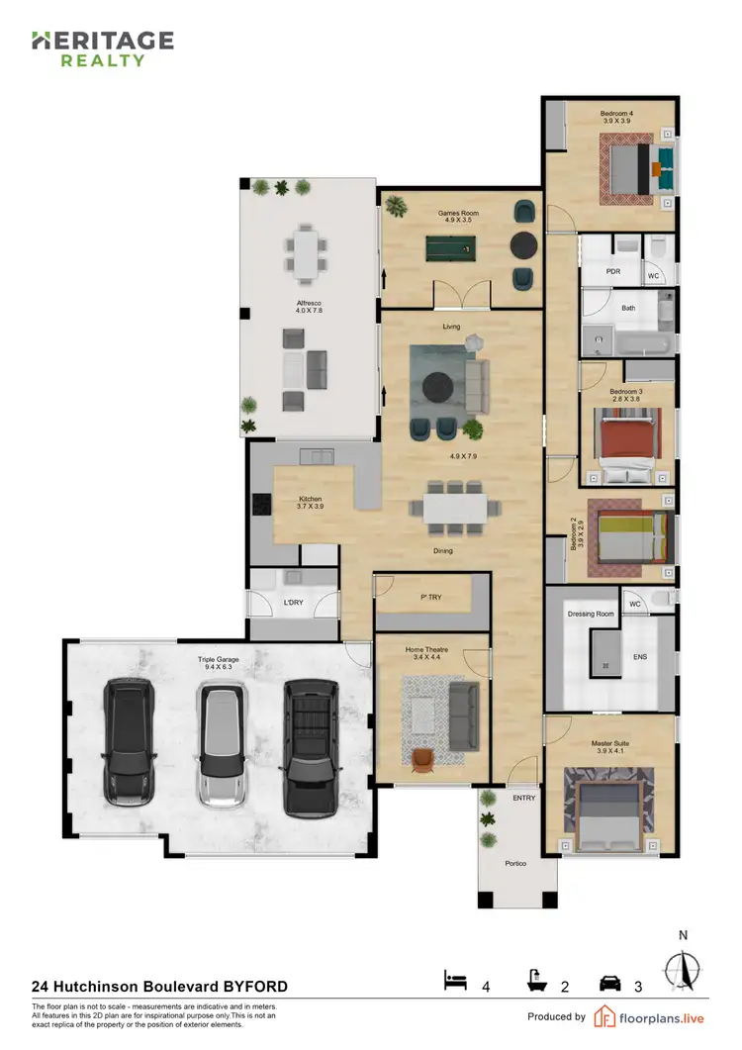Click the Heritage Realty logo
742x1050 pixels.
pos(102,48)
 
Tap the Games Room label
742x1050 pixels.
pos(458,213)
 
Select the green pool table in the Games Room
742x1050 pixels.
pos(454,245)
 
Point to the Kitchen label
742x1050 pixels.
pos(312,499)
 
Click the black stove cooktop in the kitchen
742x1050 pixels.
pos(261,506)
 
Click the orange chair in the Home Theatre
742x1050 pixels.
pos(424,757)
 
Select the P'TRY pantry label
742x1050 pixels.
pos(430,599)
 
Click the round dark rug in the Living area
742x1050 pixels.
pos(438,387)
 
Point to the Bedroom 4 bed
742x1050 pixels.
pos(630,169)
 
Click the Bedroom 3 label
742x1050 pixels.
pos(626,392)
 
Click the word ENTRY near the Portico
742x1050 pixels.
pos(523,797)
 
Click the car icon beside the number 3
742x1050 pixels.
pos(610,982)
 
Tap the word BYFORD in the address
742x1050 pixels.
pos(255,987)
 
